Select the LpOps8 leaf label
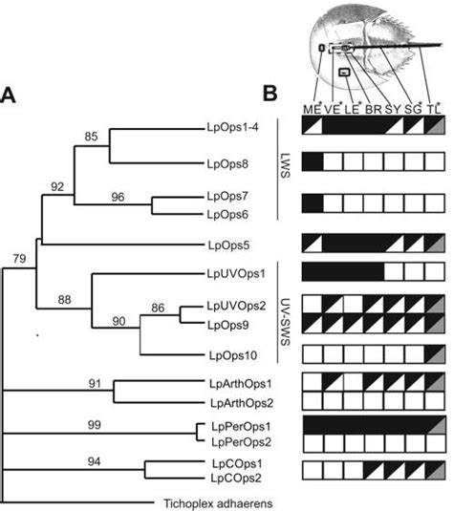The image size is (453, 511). pyautogui.click(x=226, y=163)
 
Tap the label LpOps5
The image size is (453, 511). pyautogui.click(x=226, y=243)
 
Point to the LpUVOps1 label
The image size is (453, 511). pyautogui.click(x=234, y=272)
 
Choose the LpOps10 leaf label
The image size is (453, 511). pyautogui.click(x=229, y=354)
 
